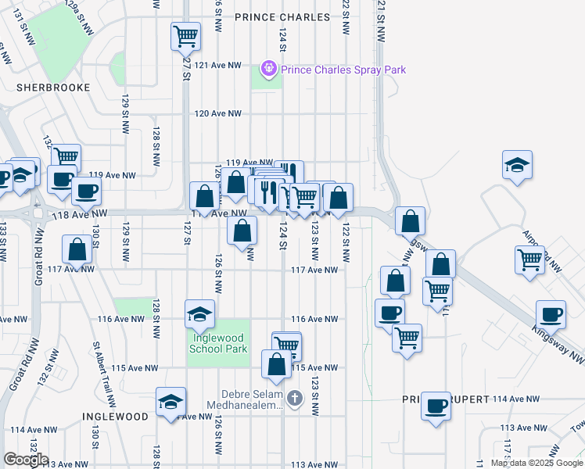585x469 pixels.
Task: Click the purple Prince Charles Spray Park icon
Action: click(270, 70)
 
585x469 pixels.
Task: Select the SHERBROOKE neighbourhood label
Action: click(54, 88)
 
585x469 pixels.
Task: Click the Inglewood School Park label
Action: click(218, 343)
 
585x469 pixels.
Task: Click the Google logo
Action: click(26, 460)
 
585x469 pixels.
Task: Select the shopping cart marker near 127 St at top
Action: click(186, 34)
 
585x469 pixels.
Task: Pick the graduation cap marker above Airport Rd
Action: click(517, 165)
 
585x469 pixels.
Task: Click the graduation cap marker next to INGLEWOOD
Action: click(170, 401)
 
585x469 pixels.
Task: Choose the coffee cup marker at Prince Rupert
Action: click(436, 406)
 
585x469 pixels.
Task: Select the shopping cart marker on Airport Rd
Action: click(530, 259)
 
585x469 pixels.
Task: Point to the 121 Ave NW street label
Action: click(218, 66)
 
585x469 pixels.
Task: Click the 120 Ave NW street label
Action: click(217, 113)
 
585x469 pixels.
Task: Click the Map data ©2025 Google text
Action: click(536, 463)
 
